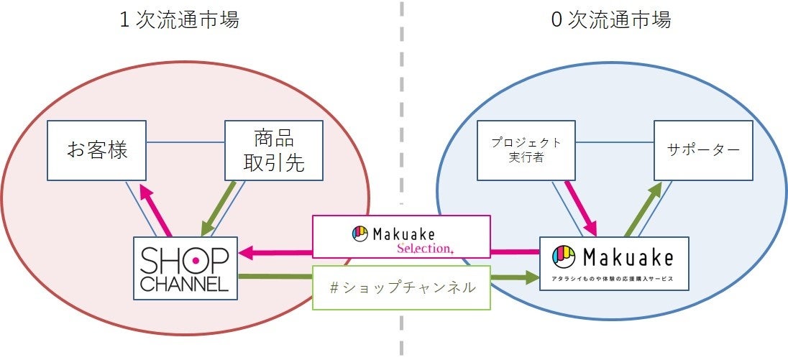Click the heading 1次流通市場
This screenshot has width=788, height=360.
pos(179,20)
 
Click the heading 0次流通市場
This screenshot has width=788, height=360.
pos(610,20)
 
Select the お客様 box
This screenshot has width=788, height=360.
pos(97,151)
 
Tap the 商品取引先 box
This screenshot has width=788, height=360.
pos(274,151)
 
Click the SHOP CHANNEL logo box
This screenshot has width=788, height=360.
pos(185,268)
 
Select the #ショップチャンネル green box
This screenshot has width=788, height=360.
pos(401,287)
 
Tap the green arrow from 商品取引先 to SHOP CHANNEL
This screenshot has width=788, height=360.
pos(220,208)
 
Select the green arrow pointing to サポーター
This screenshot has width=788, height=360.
pos(643,208)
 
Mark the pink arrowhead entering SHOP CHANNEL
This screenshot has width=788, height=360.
pos(246,253)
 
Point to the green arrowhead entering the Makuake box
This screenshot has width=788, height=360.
pos(531,277)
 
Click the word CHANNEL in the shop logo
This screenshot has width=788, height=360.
pos(184,285)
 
